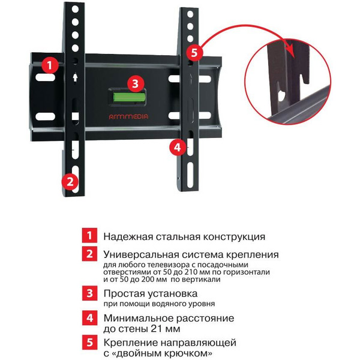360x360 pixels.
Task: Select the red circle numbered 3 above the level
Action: (136, 83)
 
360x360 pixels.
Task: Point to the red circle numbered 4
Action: (176, 146)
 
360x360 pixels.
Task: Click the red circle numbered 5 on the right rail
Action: (191, 52)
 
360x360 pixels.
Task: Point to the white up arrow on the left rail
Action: (74, 77)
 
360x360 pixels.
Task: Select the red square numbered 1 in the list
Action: (88, 236)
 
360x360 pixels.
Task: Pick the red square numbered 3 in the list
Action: (88, 294)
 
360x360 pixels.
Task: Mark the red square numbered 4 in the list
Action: (88, 318)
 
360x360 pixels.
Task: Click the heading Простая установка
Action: (150, 294)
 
